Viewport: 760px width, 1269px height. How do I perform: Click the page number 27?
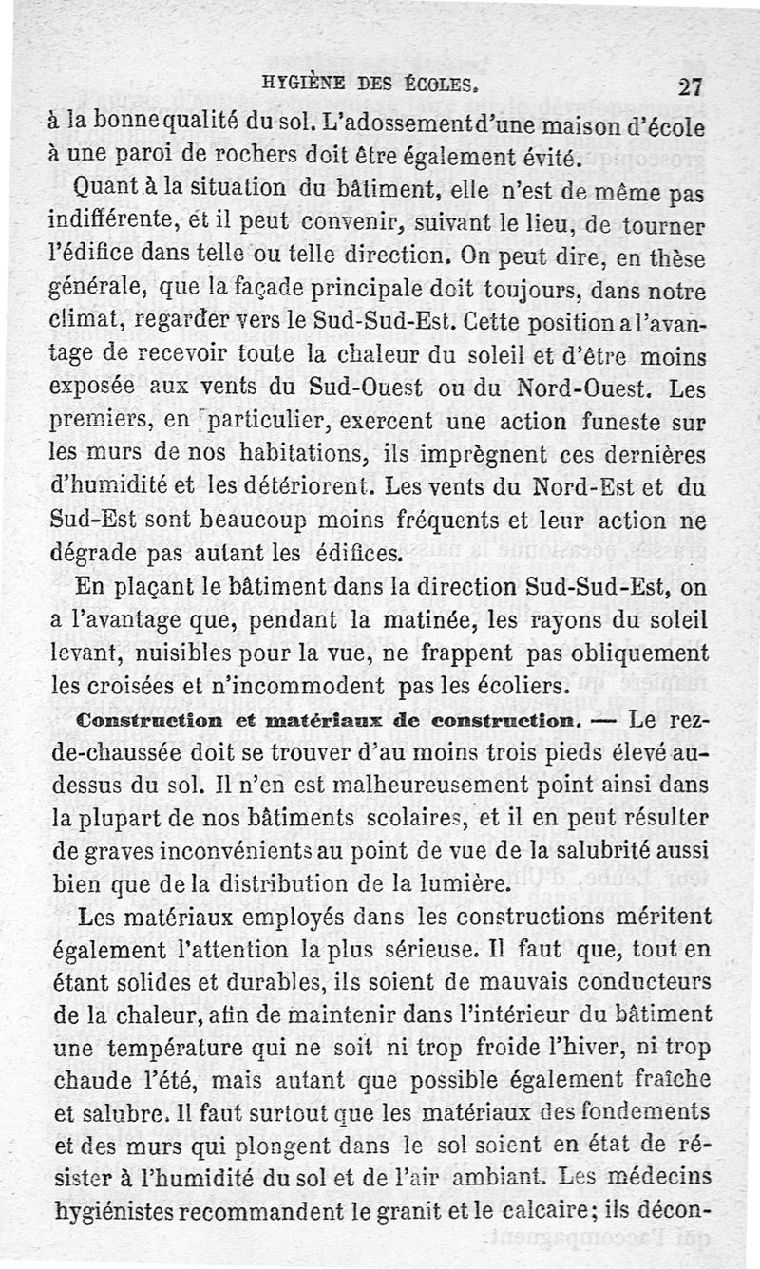(688, 86)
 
